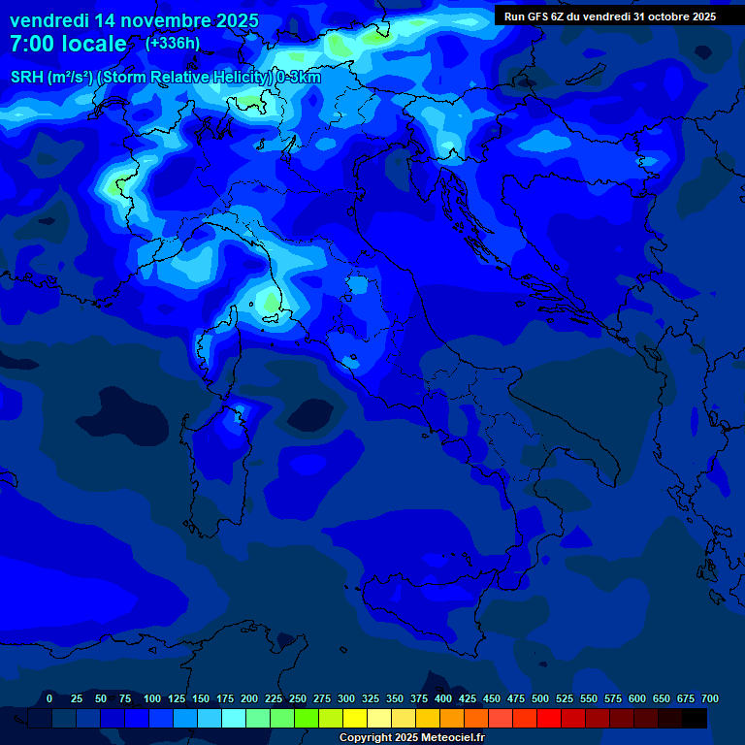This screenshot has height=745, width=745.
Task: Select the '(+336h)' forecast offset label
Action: pos(173,43)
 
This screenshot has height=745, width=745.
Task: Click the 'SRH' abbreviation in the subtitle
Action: pos(26,78)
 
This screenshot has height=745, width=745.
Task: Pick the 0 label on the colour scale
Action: pos(49,698)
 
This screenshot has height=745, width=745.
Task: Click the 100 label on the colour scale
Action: pos(152,698)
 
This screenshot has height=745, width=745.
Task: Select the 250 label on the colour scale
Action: pos(298,698)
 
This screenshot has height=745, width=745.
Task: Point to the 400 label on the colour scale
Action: pos(443,698)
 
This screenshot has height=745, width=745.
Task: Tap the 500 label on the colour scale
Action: pos(540,698)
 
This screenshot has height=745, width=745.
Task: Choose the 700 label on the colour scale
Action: pos(710,698)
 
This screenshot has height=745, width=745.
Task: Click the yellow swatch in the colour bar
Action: pos(355,719)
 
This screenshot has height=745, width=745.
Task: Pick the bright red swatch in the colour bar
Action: pos(549,719)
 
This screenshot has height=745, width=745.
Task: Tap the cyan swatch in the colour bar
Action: pos(234,719)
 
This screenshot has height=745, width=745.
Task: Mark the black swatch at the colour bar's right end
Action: pos(695,719)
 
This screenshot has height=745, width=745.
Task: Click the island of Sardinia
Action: pos(215,475)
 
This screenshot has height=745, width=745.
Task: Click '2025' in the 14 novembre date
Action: pos(231,20)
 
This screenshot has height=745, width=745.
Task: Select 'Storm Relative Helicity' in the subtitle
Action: pos(186,78)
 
